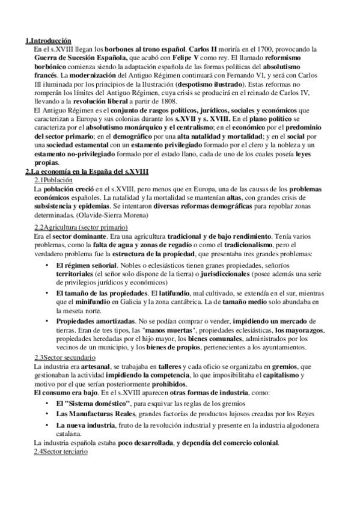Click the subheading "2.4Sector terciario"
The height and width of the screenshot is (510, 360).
coord(61,451)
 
